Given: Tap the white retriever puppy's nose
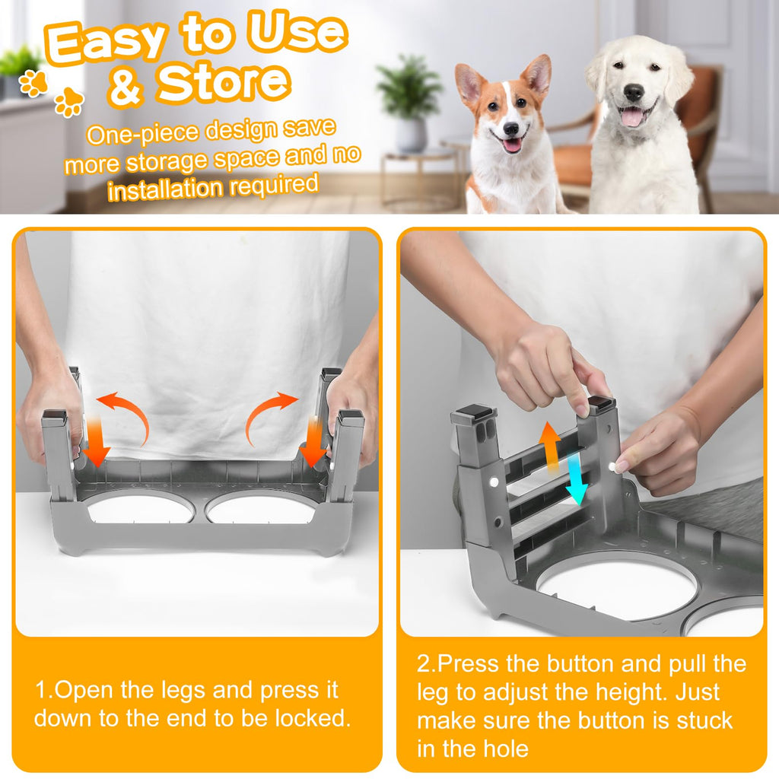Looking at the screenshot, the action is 634,92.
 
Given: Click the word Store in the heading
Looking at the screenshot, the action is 224,82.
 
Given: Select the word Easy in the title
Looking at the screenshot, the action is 104,43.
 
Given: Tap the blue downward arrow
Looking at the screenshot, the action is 577,479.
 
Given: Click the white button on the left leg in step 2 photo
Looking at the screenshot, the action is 494,482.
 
